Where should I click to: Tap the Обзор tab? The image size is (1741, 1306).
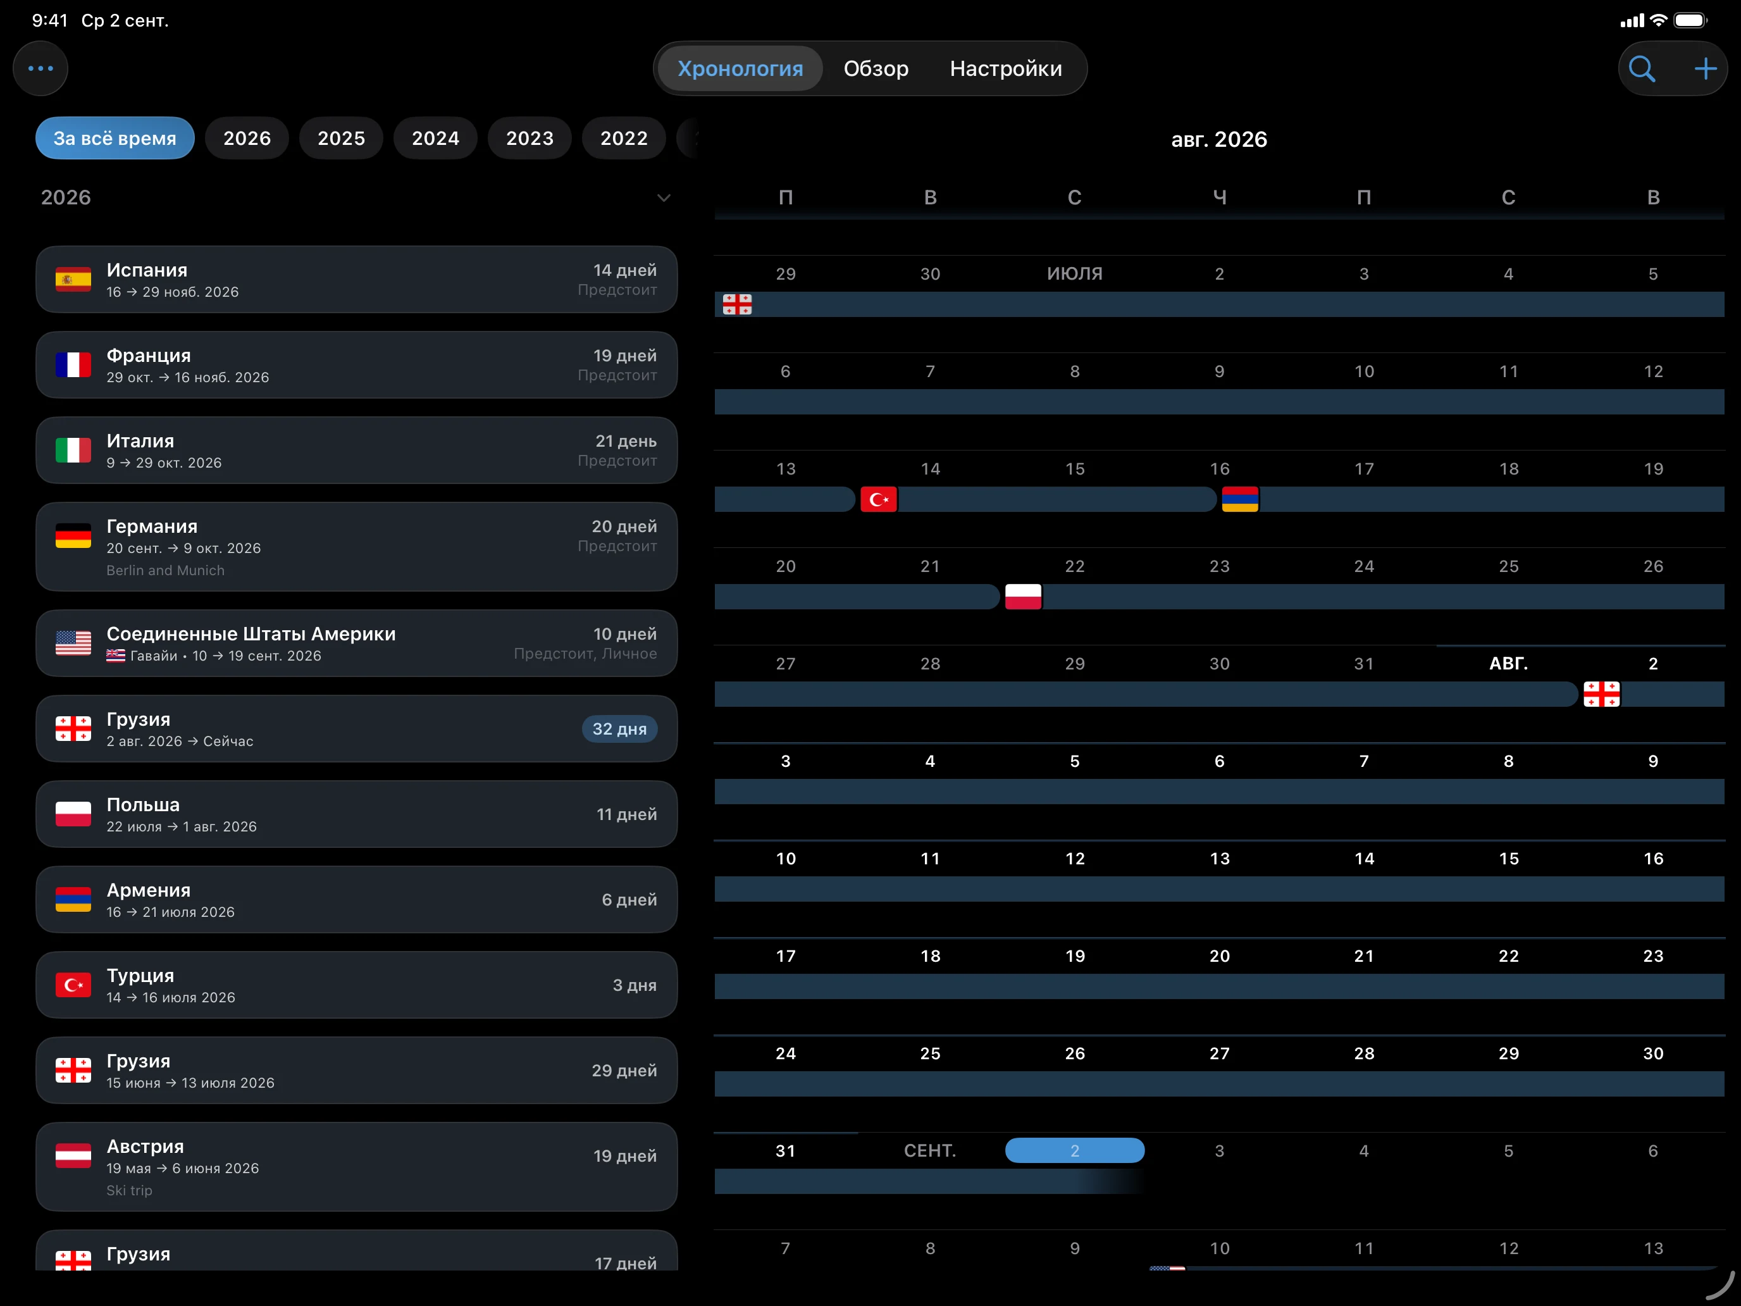875,68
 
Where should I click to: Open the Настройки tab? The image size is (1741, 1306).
1005,68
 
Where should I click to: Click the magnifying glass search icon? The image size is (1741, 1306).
1641,68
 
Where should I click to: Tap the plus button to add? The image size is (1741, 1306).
1705,68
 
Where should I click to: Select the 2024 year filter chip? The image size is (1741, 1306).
435,138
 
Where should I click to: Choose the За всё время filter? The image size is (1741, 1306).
115,138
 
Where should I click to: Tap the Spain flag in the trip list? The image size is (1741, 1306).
73,280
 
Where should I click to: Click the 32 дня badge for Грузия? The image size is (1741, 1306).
619,729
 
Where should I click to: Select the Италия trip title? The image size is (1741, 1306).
140,441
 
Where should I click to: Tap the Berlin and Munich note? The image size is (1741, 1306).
165,570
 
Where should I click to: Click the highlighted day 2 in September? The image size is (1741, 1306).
1074,1150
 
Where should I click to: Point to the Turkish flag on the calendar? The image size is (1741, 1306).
878,499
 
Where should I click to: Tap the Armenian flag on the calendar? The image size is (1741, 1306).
1239,499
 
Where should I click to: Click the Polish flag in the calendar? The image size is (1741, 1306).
1023,597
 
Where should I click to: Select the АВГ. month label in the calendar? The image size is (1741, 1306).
1508,664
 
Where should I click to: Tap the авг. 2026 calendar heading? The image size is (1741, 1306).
1219,139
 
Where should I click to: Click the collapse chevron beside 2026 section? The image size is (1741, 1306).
664,197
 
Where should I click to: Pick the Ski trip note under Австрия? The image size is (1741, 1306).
129,1190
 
